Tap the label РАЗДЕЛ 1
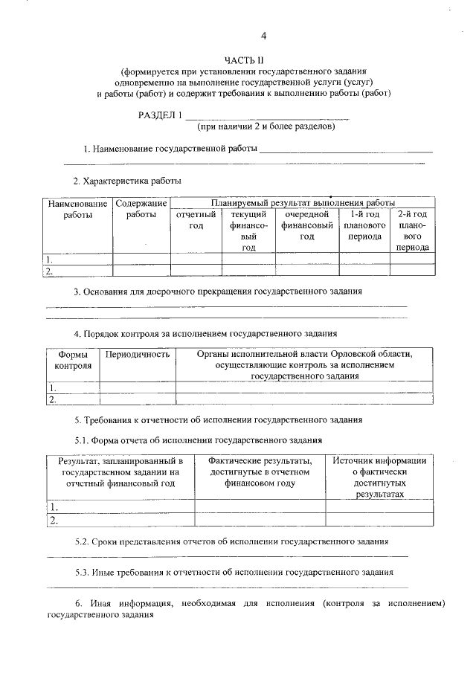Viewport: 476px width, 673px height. tap(160, 115)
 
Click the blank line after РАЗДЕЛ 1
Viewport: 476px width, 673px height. tap(266, 117)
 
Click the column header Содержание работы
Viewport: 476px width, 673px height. tap(141, 208)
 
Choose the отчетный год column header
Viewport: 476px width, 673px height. tap(196, 220)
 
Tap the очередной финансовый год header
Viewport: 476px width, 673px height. tap(306, 225)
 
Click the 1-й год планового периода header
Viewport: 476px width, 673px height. tap(364, 225)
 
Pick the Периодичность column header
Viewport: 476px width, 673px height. tap(138, 355)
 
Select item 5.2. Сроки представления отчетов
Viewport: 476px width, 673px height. tap(231, 541)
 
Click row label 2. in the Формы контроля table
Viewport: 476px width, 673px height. tap(52, 399)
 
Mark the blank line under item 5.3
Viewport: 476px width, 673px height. tap(227, 587)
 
